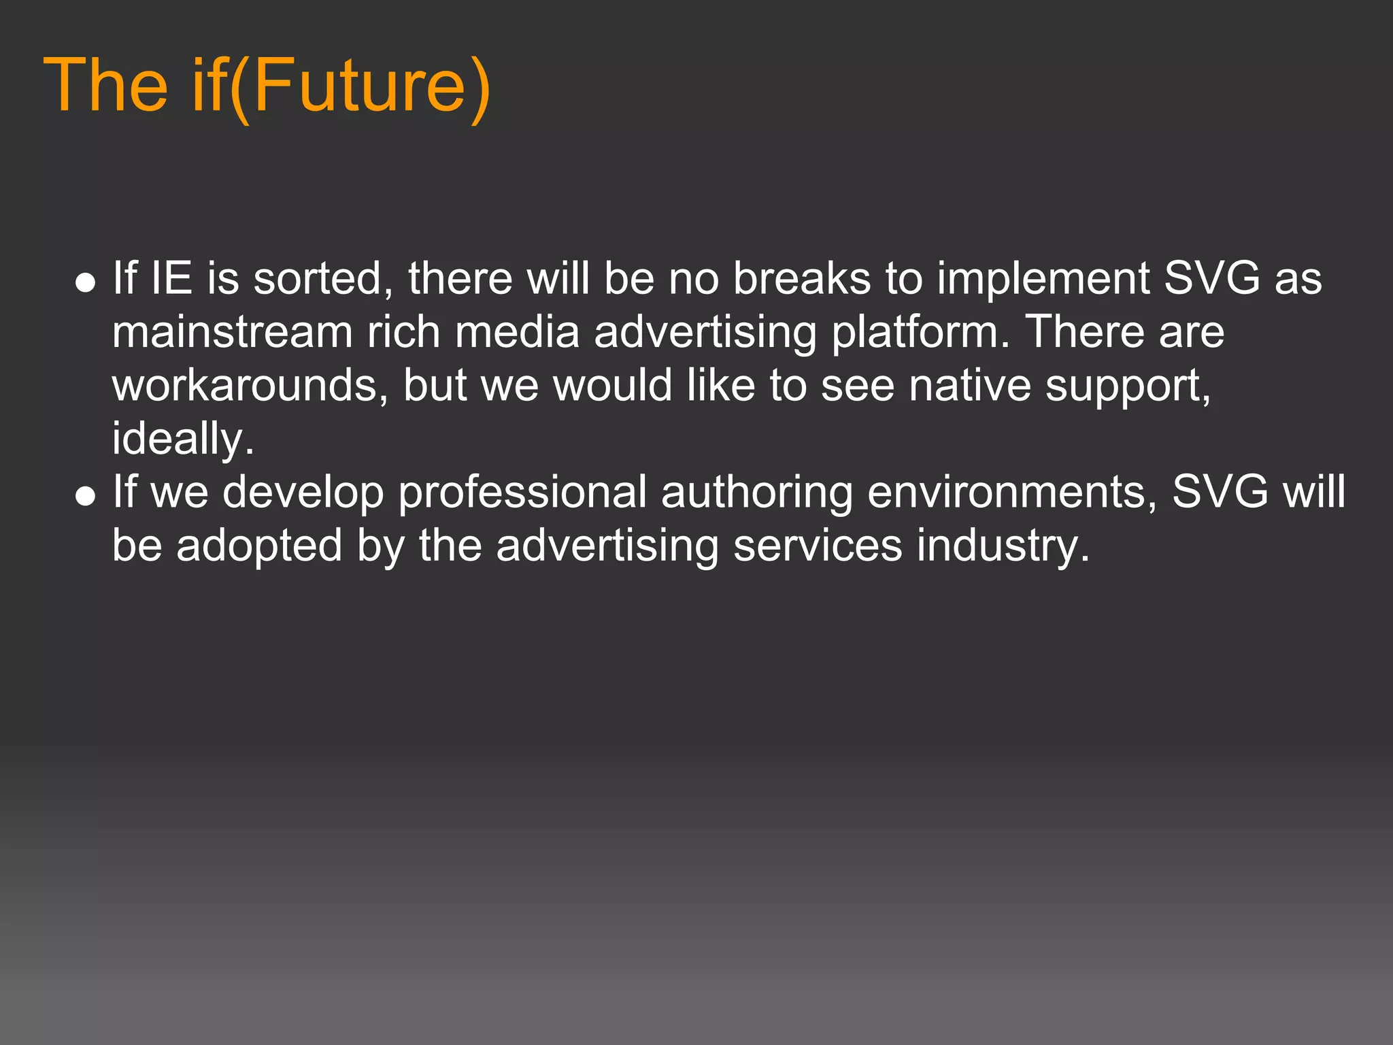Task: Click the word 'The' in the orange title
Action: tap(105, 85)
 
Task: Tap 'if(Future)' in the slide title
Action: tap(341, 86)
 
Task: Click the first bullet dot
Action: tap(85, 282)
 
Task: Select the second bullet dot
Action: tap(85, 496)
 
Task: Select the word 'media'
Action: tap(517, 332)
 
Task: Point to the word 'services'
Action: tap(817, 546)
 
